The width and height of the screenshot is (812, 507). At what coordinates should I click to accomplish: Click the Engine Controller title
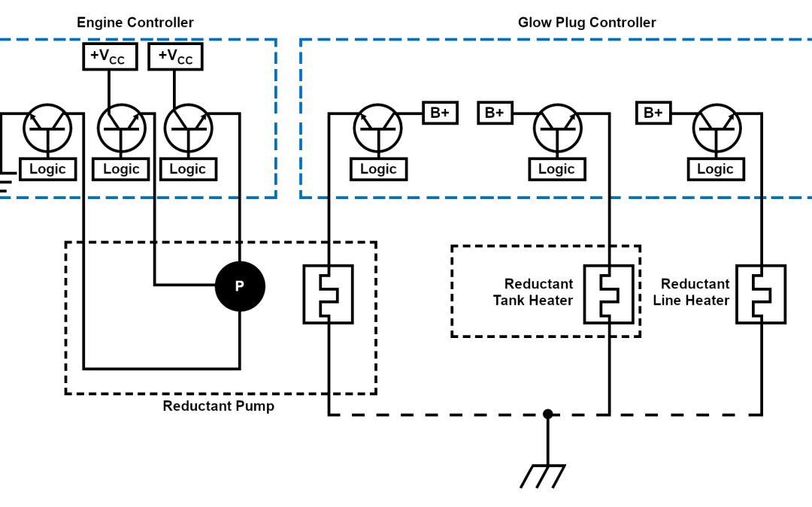click(x=135, y=23)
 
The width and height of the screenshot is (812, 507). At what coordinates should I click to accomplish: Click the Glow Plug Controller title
click(x=586, y=23)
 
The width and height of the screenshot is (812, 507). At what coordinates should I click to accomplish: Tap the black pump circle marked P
click(x=240, y=285)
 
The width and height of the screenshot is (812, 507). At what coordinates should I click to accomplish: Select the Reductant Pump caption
click(x=219, y=406)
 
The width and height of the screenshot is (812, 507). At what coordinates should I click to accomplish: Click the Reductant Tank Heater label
click(x=533, y=292)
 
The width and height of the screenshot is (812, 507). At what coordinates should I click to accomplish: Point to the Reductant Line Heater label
click(x=695, y=292)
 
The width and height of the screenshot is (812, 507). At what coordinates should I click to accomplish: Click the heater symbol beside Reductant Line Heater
click(x=761, y=294)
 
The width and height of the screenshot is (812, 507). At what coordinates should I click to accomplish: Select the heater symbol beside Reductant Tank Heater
click(x=609, y=294)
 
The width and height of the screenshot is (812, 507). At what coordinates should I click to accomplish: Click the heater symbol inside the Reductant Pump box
click(x=328, y=294)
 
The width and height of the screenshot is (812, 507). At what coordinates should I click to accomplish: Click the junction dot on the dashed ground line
click(x=548, y=414)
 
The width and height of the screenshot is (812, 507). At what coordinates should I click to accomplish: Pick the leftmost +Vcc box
click(x=109, y=57)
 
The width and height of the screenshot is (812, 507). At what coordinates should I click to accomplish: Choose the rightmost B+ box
click(x=653, y=113)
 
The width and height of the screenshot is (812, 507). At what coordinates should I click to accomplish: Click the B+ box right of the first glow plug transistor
click(x=440, y=113)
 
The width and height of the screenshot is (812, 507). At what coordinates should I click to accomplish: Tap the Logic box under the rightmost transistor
click(x=715, y=169)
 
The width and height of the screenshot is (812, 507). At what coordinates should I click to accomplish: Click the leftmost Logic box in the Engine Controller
click(x=47, y=169)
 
